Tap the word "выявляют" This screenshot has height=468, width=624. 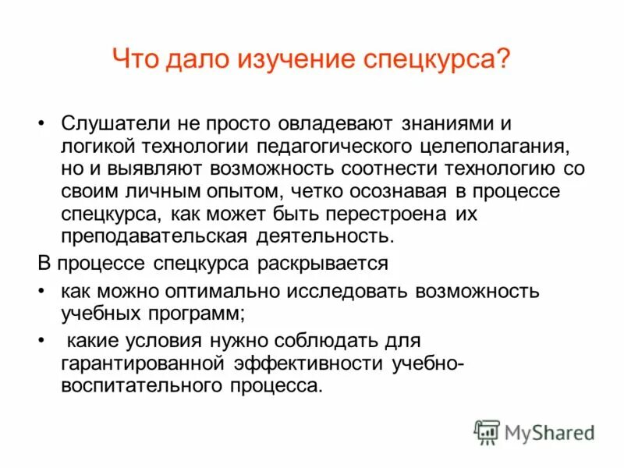144,168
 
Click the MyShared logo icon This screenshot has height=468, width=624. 487,431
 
